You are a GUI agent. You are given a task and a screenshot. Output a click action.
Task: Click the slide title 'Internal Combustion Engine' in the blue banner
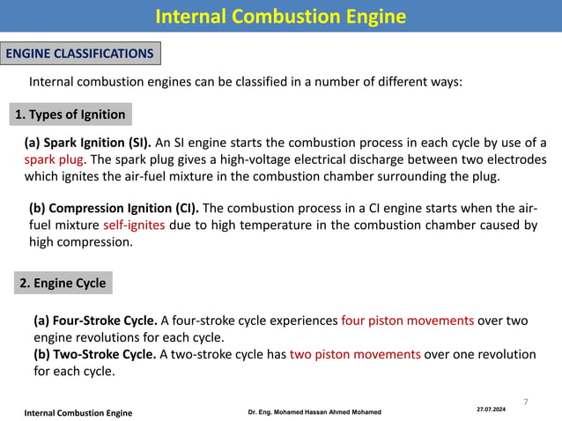[x=281, y=17]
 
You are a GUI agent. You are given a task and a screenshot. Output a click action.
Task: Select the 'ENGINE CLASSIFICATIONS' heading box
[x=80, y=54]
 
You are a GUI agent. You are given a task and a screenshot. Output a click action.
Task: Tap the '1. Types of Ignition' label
[x=71, y=114]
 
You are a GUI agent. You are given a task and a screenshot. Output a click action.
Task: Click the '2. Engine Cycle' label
[x=63, y=283]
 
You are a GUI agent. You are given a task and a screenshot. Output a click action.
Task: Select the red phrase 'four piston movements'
[x=407, y=321]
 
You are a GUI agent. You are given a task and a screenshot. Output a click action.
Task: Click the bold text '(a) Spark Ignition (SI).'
[x=87, y=143]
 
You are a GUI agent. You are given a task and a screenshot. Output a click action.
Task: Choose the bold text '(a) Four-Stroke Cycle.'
[x=95, y=321]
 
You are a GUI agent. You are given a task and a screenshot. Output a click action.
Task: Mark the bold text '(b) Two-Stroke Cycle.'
[x=95, y=354]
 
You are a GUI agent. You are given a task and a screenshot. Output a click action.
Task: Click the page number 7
[x=526, y=402]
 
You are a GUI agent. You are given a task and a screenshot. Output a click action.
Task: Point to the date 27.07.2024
[x=492, y=410]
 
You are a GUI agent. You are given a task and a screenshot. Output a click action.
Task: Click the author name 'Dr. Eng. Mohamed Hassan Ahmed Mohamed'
[x=314, y=412]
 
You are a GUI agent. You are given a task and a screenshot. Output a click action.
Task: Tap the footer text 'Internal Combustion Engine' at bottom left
[x=78, y=412]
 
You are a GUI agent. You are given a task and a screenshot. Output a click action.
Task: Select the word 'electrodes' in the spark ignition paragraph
[x=514, y=159]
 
